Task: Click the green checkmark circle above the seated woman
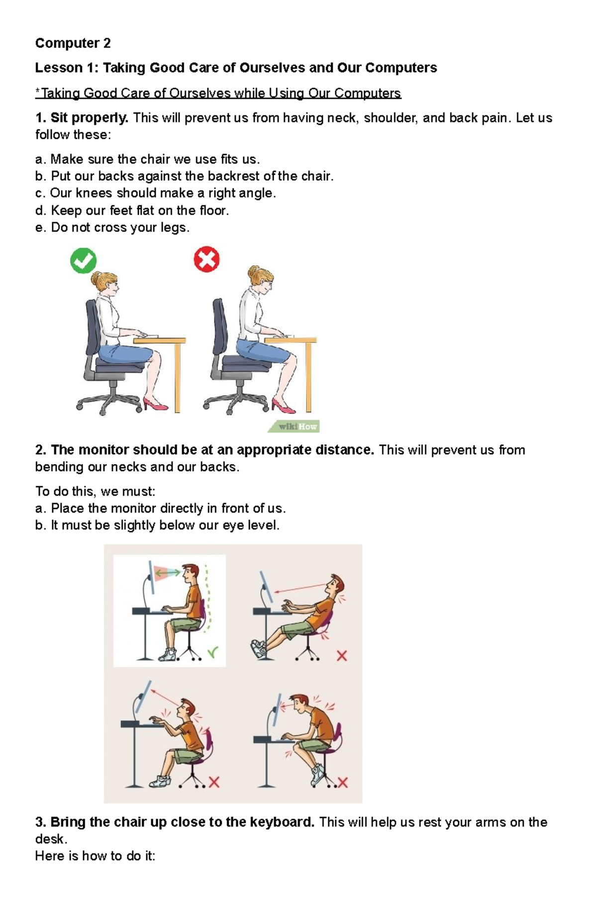83,261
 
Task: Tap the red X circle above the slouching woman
206,259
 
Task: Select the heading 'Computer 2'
73,43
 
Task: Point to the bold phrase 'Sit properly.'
90,118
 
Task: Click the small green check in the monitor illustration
213,651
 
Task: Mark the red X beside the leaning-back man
342,656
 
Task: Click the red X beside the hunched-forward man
343,783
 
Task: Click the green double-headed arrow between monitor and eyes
168,573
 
